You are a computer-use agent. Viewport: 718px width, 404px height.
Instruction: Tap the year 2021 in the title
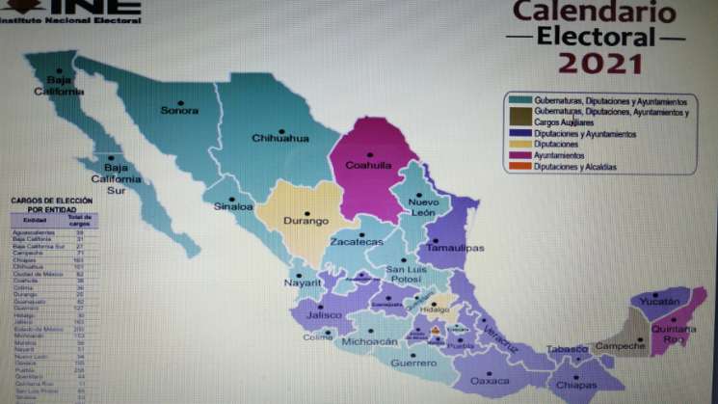pos(598,64)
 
